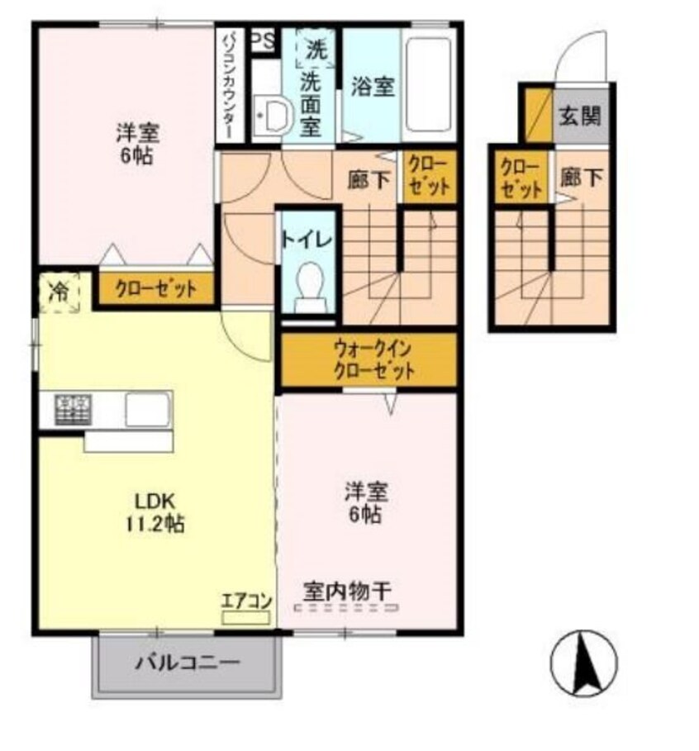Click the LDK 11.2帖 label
pos(159,512)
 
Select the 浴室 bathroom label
pos(372,87)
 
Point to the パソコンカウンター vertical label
pos(229,87)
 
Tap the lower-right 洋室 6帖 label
pos(364,502)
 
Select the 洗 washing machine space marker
pos(315,49)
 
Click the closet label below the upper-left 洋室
pos(156,289)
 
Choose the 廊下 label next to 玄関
pos(582,177)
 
